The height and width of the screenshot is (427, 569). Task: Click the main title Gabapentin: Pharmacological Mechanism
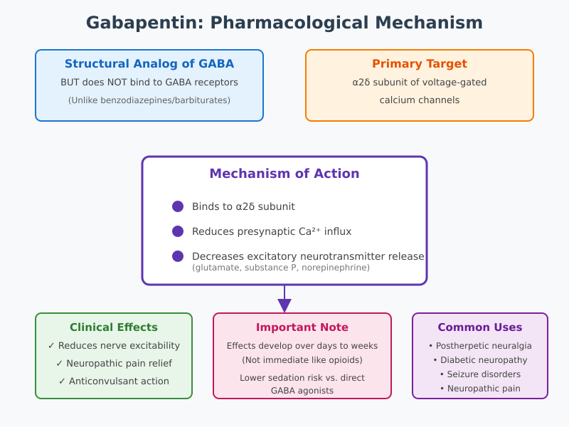[x=284, y=23]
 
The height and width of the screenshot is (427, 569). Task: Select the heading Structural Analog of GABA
[x=149, y=64]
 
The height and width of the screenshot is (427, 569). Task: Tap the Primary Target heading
[x=420, y=64]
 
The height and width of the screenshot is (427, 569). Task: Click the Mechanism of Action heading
[x=284, y=174]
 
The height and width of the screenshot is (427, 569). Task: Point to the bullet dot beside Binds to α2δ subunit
[x=178, y=206]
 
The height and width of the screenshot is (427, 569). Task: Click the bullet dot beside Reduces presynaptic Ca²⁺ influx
[x=178, y=231]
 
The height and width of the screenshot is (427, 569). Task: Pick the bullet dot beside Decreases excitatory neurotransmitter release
[x=178, y=256]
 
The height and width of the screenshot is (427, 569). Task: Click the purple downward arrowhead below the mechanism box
[x=284, y=305]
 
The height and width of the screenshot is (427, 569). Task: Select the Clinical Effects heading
[x=114, y=327]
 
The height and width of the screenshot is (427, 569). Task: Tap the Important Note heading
[x=302, y=327]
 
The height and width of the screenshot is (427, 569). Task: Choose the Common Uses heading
[x=480, y=327]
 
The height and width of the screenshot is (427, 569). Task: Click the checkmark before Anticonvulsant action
[x=62, y=381]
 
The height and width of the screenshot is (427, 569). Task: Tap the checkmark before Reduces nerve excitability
[x=51, y=346]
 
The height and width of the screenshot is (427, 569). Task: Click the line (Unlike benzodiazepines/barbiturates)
[x=149, y=100]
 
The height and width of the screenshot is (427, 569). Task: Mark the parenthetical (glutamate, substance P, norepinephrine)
[x=281, y=268]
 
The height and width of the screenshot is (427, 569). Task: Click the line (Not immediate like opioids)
[x=302, y=359]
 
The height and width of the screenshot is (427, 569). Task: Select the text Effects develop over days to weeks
[x=302, y=346]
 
